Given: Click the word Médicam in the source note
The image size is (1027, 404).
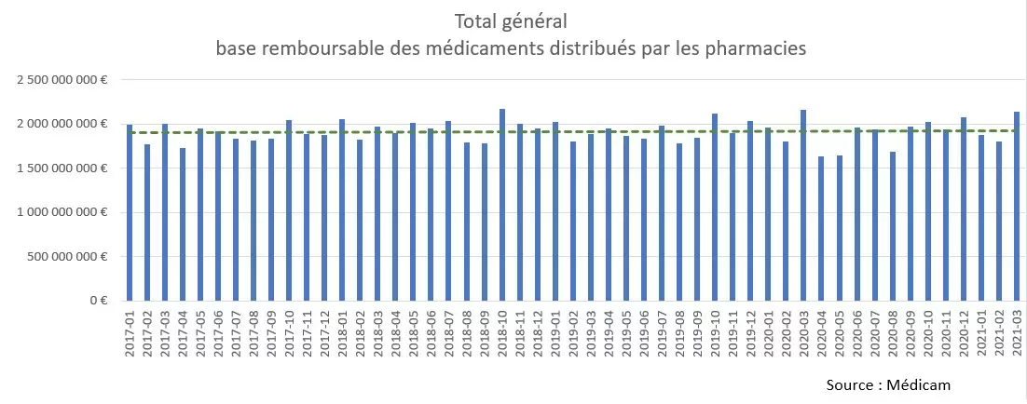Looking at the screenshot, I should click(919, 384).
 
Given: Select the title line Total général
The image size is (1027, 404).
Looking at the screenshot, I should click(511, 20).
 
